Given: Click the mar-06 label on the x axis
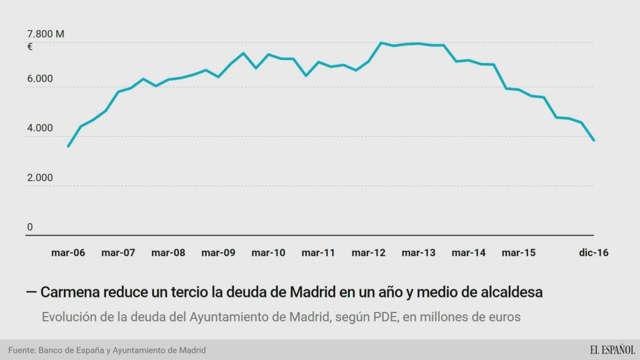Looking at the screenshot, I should coord(68,253).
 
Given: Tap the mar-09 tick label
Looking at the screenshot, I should coord(218,253).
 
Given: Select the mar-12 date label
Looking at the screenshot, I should coord(369,253).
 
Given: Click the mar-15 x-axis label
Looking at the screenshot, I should coord(519,253).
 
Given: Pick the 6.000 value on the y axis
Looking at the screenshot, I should coord(39,79).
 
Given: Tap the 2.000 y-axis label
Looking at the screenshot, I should coord(39,177).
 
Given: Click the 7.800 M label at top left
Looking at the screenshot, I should coord(46,34).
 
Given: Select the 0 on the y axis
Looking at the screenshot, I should coord(29,227).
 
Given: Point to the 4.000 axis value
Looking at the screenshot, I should coord(39,128).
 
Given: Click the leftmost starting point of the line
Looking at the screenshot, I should coord(68,146).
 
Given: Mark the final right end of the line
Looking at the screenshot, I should coord(594,140).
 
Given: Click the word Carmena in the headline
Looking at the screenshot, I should coord(69,292).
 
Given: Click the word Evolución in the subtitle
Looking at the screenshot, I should coord(69,317).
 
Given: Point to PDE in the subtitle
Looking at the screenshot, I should coord(384,317).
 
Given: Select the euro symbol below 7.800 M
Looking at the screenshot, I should coord(29,46).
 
